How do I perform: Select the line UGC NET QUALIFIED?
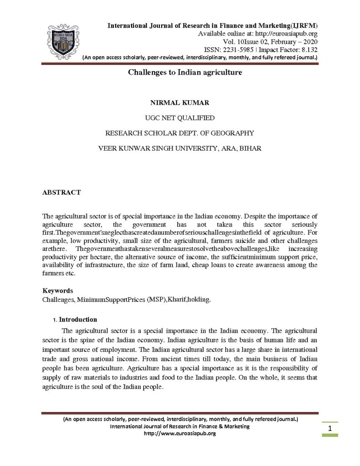click(180, 118)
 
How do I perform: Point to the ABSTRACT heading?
click(61, 192)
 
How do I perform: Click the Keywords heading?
click(58, 290)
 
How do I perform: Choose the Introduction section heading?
click(78, 319)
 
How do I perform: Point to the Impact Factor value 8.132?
click(306, 49)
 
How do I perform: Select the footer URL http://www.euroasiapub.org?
click(180, 433)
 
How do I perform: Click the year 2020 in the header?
click(308, 41)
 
